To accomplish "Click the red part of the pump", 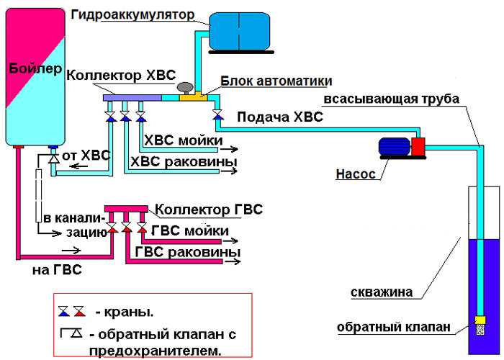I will [417, 147].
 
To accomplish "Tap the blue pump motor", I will [395, 146].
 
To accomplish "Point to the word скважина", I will [382, 292].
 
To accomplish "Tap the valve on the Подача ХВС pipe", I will [217, 114].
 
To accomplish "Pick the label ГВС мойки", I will [190, 230].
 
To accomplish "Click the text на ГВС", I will [57, 270].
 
